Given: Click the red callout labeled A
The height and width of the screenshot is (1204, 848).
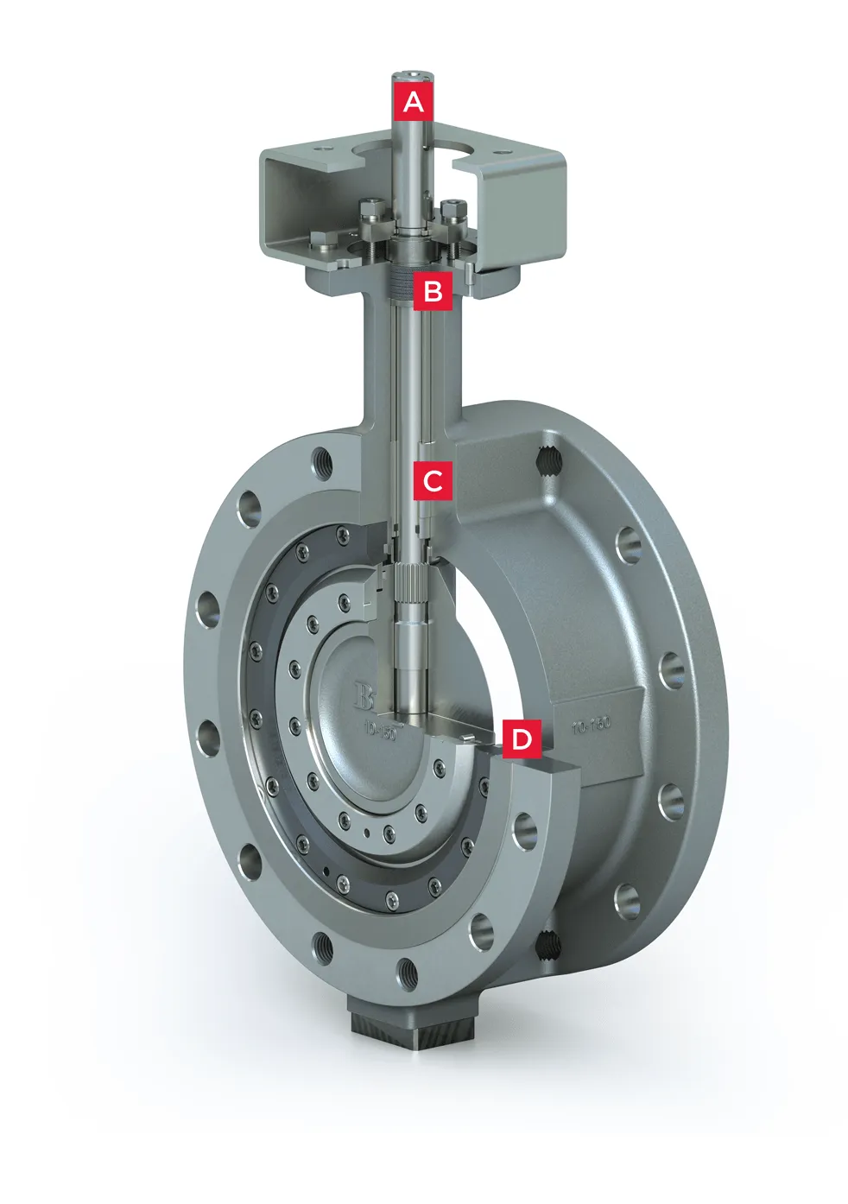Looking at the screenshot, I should point(414,101).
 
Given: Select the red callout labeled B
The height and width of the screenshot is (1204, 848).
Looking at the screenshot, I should point(433,291).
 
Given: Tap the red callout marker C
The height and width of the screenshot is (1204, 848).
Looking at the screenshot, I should point(433,480).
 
